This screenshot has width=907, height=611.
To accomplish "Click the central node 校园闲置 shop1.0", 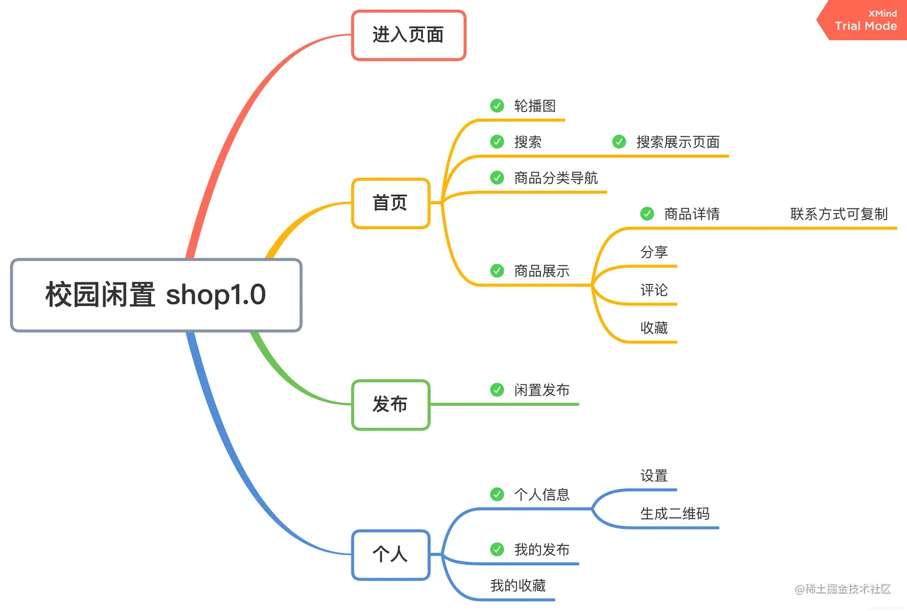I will coord(156,295).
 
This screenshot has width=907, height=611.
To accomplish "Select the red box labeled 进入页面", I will coord(408,35).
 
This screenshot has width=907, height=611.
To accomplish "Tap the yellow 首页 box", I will coord(391,203).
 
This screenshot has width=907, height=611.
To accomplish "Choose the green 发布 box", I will coord(391,404).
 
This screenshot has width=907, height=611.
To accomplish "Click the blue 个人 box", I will coord(391,554).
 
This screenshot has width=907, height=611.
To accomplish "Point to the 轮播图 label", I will coord(534,106).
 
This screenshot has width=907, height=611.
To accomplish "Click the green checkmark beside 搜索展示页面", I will coord(619,142).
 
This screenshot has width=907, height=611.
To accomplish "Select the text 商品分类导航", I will coord(555,178).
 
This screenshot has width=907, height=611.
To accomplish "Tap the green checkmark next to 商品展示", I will coord(497,271).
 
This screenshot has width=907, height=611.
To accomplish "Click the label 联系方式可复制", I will coord(839,214).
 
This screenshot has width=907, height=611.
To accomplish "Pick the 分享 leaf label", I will coord(654,252).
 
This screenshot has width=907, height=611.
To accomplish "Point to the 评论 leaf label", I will coord(654,290).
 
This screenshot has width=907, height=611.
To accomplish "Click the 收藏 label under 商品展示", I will coord(654,328).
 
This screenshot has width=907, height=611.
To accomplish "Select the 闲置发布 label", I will coord(542,390).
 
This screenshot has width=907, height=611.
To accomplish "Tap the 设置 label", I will coord(654,476).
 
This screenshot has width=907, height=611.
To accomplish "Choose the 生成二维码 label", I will coord(675,514).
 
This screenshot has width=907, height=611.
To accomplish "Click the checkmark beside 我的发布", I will coord(497,549).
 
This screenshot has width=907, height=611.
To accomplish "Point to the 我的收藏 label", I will coord(518,586).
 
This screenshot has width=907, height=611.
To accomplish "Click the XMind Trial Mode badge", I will coord(865,20).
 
